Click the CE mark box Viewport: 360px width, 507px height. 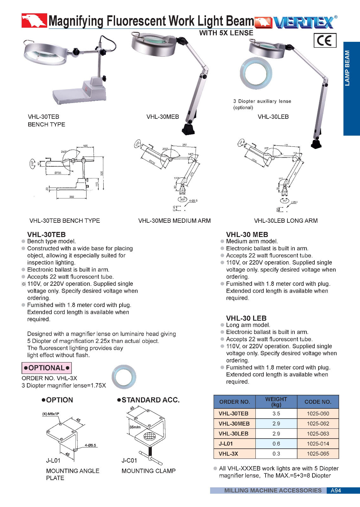(325, 40)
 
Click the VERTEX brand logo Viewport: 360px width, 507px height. (304, 22)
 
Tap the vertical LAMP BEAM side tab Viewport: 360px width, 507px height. (351, 88)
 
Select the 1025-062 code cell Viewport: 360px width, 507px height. (318, 423)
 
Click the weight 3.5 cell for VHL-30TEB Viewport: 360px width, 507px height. (276, 414)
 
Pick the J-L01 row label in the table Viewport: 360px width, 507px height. (226, 444)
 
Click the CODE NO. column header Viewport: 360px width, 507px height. (318, 402)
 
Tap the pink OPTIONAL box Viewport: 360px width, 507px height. (47, 368)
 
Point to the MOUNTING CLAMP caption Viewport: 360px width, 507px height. (148, 471)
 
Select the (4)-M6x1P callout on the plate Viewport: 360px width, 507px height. (51, 414)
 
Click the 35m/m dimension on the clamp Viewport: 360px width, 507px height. (135, 427)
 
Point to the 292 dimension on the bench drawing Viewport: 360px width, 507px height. (72, 197)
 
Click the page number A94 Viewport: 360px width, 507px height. (336, 491)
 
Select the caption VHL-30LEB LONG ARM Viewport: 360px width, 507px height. (286, 221)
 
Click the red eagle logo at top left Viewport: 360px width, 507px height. (34, 21)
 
